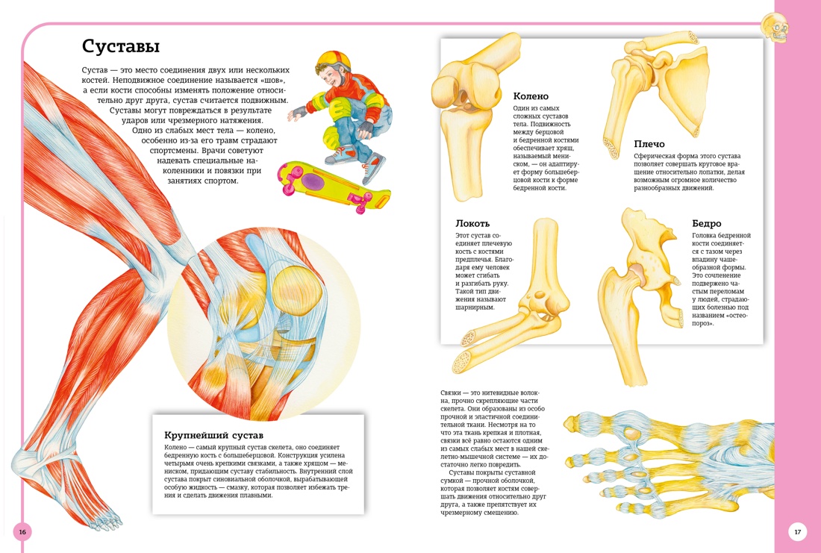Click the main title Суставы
click(120, 47)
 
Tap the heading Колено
click(531, 96)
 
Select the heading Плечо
click(649, 144)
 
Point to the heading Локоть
click(472, 223)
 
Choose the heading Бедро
click(706, 223)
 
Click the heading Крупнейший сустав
click(213, 434)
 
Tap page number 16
click(22, 532)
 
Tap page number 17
click(797, 532)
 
